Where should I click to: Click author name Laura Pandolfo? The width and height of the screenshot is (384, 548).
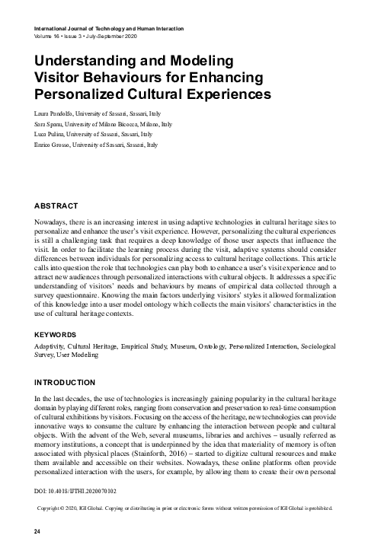53,113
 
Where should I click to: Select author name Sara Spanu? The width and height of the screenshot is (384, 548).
48,123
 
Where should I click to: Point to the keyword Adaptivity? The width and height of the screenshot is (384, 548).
48,346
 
